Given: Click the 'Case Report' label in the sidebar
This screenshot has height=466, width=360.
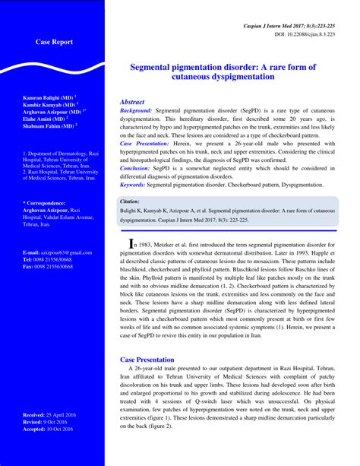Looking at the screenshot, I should click(55, 43).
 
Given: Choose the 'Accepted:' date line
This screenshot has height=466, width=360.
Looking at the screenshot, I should click(54, 429).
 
